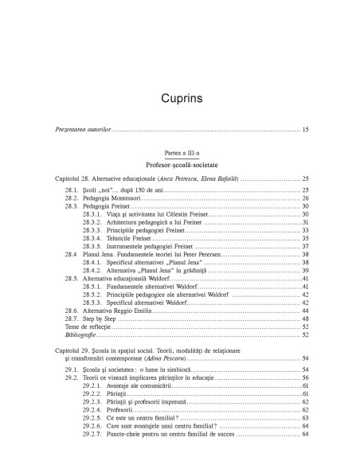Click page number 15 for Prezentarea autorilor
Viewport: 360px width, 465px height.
coord(305,128)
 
